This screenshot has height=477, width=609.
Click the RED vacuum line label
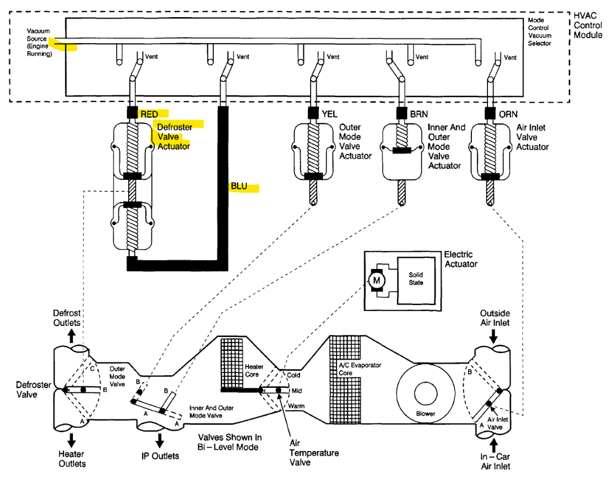tap(149, 114)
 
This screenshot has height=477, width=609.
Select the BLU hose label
tap(239, 187)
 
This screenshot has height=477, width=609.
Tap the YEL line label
tap(330, 114)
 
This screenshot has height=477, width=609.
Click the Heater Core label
tap(254, 370)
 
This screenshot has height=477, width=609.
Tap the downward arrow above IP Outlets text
tap(160, 440)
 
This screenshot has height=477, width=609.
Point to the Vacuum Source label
tap(39, 42)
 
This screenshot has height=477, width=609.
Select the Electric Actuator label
tap(461, 259)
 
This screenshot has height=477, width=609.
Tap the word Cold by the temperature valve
tap(293, 375)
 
